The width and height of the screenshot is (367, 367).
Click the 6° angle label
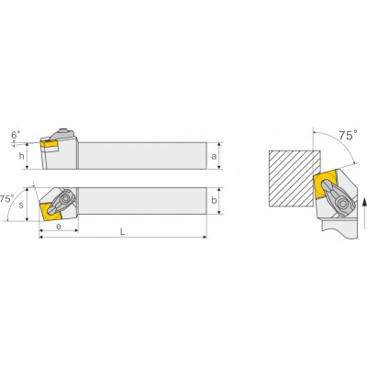[16, 135]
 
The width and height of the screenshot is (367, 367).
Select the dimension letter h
[21, 156]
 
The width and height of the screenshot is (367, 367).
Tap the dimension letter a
[214, 156]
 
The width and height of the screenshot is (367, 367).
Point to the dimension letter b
[214, 200]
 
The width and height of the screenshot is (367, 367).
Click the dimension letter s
[21, 205]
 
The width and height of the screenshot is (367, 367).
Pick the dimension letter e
[59, 227]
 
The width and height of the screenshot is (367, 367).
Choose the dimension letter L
[122, 232]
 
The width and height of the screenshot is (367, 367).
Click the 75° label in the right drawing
[348, 135]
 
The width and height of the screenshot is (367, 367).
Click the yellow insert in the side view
[49, 144]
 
